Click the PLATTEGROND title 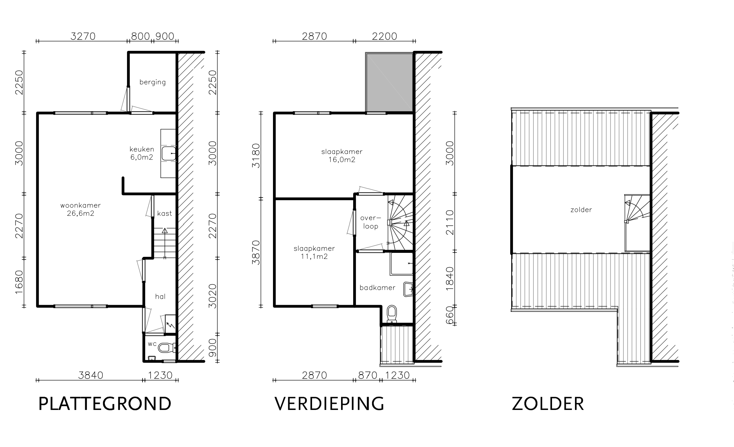coord(105,404)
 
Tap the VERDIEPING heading coord(329,404)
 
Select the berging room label coord(153,82)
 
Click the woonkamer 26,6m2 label coord(81,209)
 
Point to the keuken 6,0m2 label coord(142,153)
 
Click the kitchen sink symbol coord(169,154)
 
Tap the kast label coord(164,213)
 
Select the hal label coord(160,296)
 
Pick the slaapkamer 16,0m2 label coord(342,156)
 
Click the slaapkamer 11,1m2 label coord(314,252)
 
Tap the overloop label coord(371,222)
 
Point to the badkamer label coord(377,288)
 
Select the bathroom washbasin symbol coord(408,289)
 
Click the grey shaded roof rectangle coord(390,82)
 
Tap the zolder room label coord(581,210)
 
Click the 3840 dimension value coord(90,375)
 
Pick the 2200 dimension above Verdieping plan coord(385,36)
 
